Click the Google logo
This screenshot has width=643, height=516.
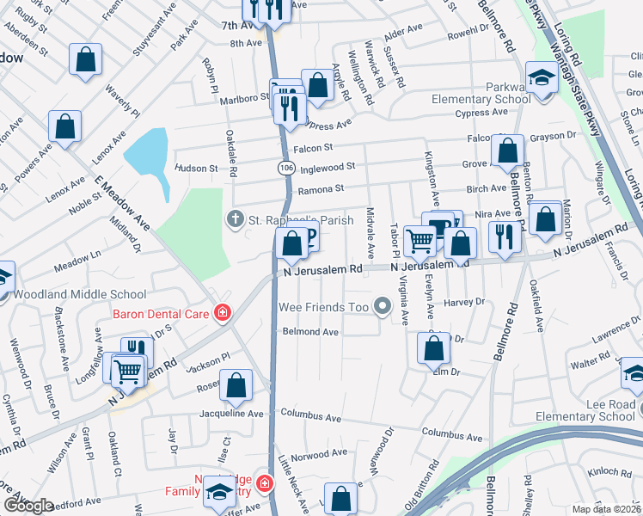(x=28, y=506)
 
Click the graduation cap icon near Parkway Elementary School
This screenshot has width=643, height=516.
(x=542, y=79)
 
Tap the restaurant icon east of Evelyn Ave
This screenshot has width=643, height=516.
(x=504, y=235)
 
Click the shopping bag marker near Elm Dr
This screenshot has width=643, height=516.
(x=434, y=348)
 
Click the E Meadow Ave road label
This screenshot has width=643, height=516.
(x=122, y=203)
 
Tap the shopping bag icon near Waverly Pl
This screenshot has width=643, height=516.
(x=85, y=60)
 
